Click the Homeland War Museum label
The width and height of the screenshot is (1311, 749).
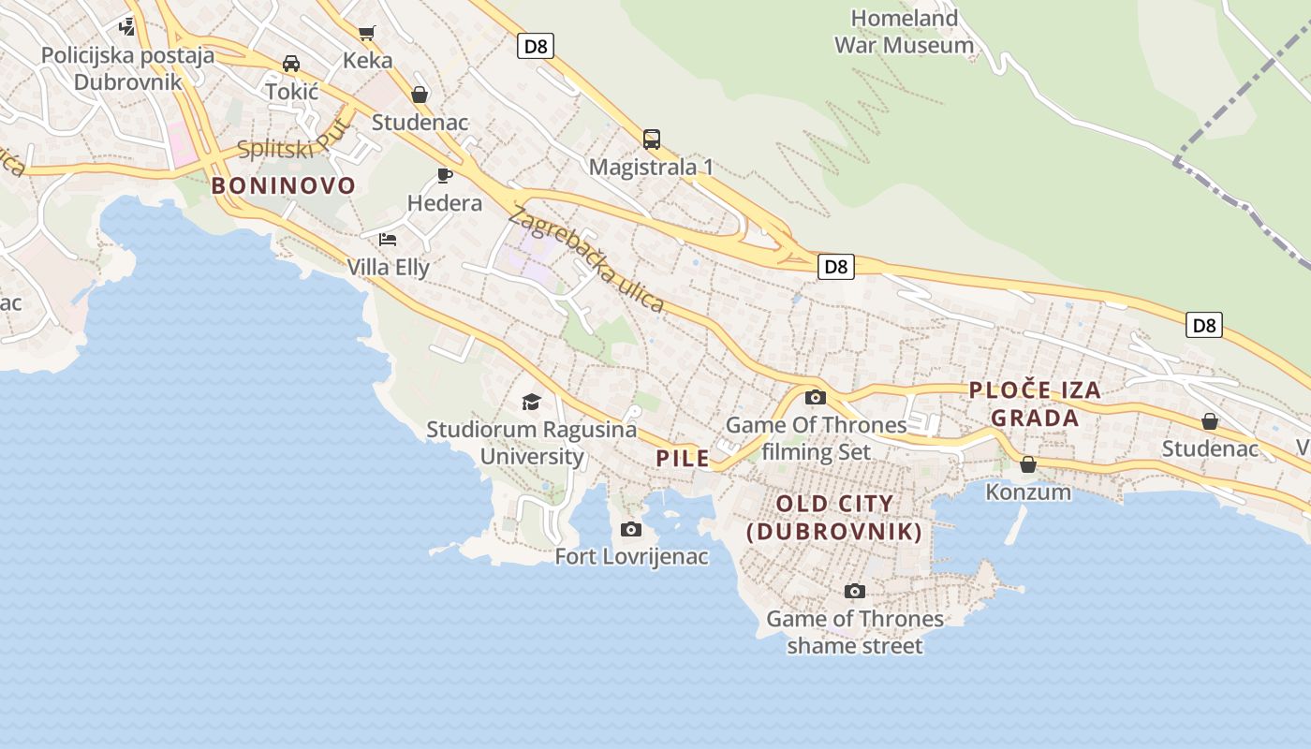(x=904, y=31)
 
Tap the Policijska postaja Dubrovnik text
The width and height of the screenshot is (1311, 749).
(x=127, y=67)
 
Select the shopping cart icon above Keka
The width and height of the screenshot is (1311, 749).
(x=367, y=34)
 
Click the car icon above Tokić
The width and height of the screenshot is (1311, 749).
(x=291, y=64)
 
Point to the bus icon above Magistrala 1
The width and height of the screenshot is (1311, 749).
(x=652, y=140)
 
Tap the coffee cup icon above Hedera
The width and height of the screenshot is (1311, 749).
(x=445, y=175)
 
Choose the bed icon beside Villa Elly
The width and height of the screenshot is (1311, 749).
(x=388, y=240)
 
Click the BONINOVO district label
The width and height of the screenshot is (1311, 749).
(x=284, y=185)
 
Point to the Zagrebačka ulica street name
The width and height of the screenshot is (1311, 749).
(x=586, y=260)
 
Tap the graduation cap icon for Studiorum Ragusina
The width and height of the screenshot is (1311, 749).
(x=531, y=402)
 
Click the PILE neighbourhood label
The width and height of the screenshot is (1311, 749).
(x=683, y=459)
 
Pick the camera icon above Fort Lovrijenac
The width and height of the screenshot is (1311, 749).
(x=631, y=530)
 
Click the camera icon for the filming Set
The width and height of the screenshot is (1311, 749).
(x=816, y=397)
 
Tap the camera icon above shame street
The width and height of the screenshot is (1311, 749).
(x=854, y=591)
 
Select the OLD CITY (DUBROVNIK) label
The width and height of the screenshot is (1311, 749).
(x=834, y=518)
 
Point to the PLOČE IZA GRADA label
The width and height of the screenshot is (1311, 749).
(x=1035, y=404)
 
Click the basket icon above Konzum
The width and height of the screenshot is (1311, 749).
(x=1028, y=464)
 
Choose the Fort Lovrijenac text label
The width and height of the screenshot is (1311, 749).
(x=631, y=557)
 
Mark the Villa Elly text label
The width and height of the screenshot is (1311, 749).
(x=389, y=268)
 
